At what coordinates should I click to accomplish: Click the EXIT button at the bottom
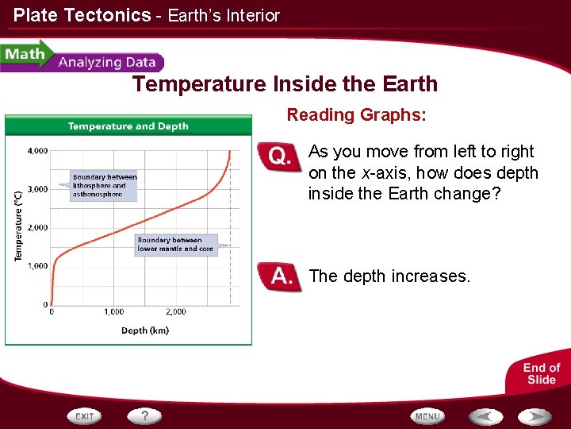86,415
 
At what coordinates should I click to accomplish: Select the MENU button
427,415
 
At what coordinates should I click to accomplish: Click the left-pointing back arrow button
485,415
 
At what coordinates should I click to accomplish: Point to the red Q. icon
280,157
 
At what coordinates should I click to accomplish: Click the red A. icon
280,277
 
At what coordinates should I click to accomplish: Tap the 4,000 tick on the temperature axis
37,150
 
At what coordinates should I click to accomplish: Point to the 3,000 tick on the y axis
37,189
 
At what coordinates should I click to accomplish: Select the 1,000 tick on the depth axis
113,312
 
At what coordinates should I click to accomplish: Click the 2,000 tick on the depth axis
176,312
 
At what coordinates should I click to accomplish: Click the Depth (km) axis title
144,330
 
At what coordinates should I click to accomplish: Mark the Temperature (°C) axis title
17,226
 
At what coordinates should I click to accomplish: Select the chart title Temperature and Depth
128,126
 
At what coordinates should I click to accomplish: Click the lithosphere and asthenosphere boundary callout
105,185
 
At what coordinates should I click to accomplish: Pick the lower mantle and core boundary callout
175,244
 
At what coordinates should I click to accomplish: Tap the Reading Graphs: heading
356,115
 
